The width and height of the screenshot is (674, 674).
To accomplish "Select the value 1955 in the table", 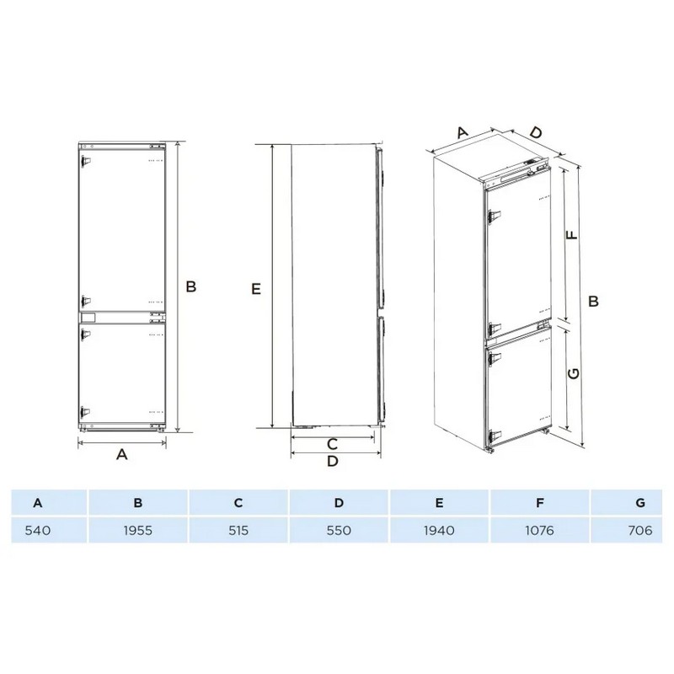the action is (138, 531).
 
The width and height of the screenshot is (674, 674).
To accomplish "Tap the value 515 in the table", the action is (238, 531).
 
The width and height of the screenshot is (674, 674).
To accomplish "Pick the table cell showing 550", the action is (339, 531).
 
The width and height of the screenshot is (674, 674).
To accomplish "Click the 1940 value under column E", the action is (439, 531).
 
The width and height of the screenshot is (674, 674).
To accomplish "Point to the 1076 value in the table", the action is (539, 531).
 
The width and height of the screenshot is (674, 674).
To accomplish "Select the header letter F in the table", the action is (540, 502).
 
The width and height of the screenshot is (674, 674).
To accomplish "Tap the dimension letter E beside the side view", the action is (256, 289).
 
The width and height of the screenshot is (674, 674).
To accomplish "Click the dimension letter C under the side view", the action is (332, 444).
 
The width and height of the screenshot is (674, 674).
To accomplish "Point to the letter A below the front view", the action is (122, 454).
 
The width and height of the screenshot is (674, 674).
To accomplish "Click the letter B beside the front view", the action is (191, 286).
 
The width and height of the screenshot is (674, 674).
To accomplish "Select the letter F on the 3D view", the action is (572, 235).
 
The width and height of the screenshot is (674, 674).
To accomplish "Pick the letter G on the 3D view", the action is (574, 373).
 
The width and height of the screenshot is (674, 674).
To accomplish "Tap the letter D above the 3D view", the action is (536, 132).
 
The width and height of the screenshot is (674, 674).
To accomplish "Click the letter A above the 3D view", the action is (462, 132).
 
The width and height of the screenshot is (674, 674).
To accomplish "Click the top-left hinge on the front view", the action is (85, 161).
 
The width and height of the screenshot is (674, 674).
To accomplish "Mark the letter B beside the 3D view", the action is (593, 301).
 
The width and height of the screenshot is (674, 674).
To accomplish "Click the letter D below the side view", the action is (333, 461).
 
